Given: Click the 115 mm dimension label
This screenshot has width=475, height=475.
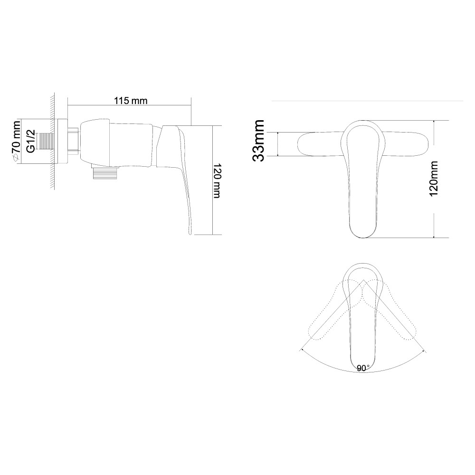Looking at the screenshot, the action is pos(131,101).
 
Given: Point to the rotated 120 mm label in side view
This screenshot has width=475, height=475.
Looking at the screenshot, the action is pos(217,181).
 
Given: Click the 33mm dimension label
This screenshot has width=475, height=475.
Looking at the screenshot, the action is pos(258,140).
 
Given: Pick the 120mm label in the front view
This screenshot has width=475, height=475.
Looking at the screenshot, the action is pos(434,179).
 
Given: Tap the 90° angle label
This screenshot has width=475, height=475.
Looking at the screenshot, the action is pos(363,368).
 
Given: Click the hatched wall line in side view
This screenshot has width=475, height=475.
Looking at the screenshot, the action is pos(52,141).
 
